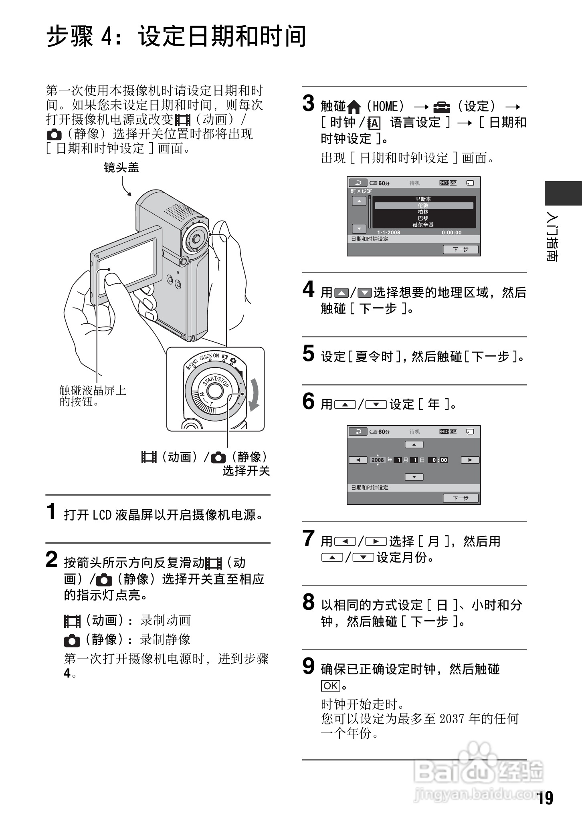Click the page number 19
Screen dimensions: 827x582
click(x=545, y=798)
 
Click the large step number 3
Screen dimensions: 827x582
click(x=309, y=103)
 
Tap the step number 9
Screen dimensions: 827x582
click(x=309, y=666)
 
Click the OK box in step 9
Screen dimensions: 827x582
click(x=330, y=686)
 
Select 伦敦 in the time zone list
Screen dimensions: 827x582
click(x=423, y=206)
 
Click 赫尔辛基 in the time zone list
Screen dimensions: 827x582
click(x=423, y=225)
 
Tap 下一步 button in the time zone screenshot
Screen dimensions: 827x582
click(x=461, y=249)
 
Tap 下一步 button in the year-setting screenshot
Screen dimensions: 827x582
click(x=461, y=498)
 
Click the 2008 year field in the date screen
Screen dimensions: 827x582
click(x=378, y=460)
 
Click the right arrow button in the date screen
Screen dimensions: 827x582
click(x=470, y=460)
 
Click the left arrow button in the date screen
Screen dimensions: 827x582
click(x=358, y=460)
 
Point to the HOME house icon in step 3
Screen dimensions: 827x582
click(x=354, y=107)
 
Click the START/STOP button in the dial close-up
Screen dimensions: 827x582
click(x=215, y=391)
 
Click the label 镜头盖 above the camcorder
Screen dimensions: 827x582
click(x=121, y=167)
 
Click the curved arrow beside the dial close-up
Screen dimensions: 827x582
click(x=253, y=395)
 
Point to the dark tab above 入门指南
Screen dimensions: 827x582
click(x=563, y=193)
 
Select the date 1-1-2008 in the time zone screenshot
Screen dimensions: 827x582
click(x=388, y=232)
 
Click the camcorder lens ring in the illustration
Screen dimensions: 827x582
click(x=196, y=240)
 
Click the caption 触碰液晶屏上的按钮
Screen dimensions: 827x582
click(x=93, y=396)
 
